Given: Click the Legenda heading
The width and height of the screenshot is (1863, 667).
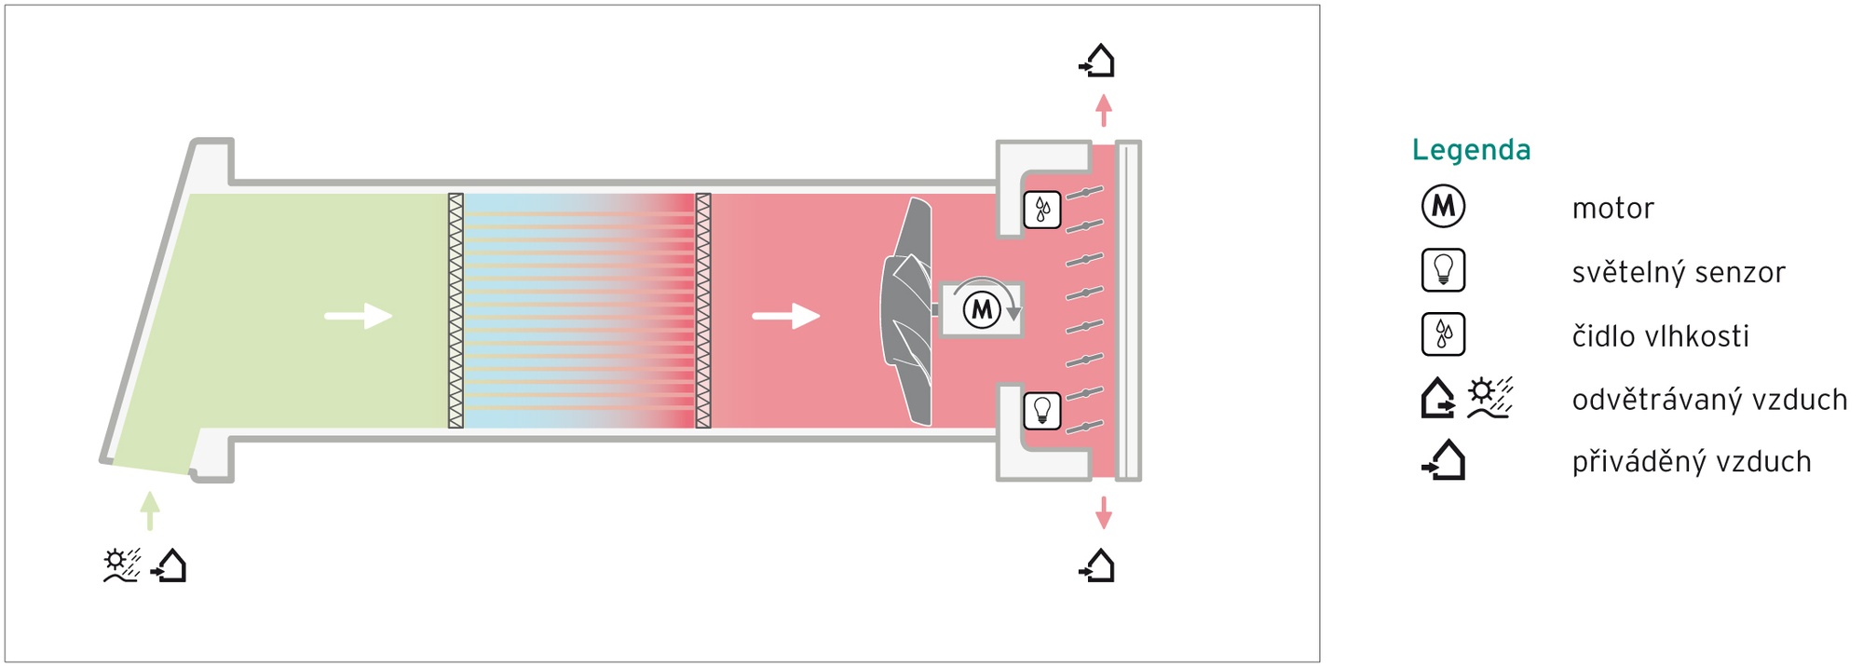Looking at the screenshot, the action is [x=1471, y=150].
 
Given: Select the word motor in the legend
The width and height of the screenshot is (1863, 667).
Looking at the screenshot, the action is [x=1612, y=208].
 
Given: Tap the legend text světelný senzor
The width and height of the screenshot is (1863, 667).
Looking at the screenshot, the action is [x=1679, y=272].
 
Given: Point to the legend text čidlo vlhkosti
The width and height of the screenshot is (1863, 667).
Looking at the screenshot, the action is [x=1660, y=335].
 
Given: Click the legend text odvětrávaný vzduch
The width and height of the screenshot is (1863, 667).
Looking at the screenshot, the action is [x=1709, y=400].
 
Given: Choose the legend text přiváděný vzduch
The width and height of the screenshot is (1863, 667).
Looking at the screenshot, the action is [x=1692, y=461].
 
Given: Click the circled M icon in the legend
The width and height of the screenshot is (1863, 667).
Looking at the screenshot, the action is [x=1443, y=206].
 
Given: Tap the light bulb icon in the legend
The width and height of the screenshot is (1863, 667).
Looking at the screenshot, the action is [x=1443, y=270].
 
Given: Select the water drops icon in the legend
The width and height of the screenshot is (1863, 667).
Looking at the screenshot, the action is [x=1443, y=333].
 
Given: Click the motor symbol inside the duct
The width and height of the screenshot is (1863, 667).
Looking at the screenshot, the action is [x=981, y=309].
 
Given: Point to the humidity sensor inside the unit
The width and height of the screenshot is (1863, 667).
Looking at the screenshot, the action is [x=1042, y=210].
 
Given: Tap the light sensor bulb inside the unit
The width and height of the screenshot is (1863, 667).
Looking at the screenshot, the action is [x=1042, y=410].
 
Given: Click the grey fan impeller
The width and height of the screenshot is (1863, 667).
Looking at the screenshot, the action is [x=908, y=311].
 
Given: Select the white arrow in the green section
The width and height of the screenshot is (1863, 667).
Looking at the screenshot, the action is [x=359, y=316].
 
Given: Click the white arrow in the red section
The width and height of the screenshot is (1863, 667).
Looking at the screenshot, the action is [x=786, y=316].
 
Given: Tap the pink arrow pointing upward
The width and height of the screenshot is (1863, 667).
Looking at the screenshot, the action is [x=1104, y=110].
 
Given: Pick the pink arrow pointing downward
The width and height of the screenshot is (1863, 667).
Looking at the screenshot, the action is [x=1104, y=512].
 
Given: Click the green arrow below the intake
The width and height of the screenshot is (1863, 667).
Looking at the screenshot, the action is [x=150, y=510].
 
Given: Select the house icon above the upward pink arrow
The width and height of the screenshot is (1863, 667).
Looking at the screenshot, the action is [x=1097, y=60].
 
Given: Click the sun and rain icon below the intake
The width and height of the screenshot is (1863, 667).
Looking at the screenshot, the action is [x=122, y=565].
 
